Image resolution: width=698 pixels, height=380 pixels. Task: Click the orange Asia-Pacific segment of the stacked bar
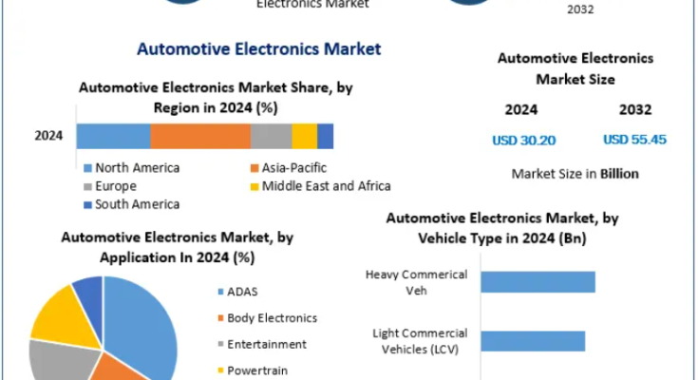tap(200, 136)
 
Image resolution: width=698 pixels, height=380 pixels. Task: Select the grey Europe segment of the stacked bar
tap(271, 136)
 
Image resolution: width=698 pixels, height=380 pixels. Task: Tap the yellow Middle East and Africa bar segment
tap(305, 136)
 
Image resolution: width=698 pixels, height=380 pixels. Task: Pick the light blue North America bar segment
tap(114, 136)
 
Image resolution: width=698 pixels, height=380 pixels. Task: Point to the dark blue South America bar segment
tap(326, 136)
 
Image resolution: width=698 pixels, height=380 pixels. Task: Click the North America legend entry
tap(132, 168)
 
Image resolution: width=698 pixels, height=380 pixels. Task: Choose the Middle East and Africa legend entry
tap(321, 186)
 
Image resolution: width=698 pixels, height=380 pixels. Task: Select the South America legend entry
tap(132, 204)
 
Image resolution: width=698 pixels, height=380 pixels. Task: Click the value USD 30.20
tap(524, 141)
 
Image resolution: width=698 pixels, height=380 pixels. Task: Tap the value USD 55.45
tap(634, 140)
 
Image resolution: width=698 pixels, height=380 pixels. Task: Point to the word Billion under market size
tap(619, 174)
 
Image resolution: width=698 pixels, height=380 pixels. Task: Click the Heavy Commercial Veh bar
tap(538, 282)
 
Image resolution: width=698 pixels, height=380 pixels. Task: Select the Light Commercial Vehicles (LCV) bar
tap(533, 341)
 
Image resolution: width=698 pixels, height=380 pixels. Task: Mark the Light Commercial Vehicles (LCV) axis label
tap(420, 341)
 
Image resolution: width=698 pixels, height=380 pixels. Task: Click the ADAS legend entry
tap(237, 292)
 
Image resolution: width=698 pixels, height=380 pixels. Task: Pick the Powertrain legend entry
tap(253, 370)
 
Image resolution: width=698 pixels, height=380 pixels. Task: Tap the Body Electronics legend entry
tap(267, 318)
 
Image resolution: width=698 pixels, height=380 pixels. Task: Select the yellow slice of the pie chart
tap(65, 318)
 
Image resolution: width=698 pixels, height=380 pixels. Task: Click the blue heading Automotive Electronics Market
tap(258, 49)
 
